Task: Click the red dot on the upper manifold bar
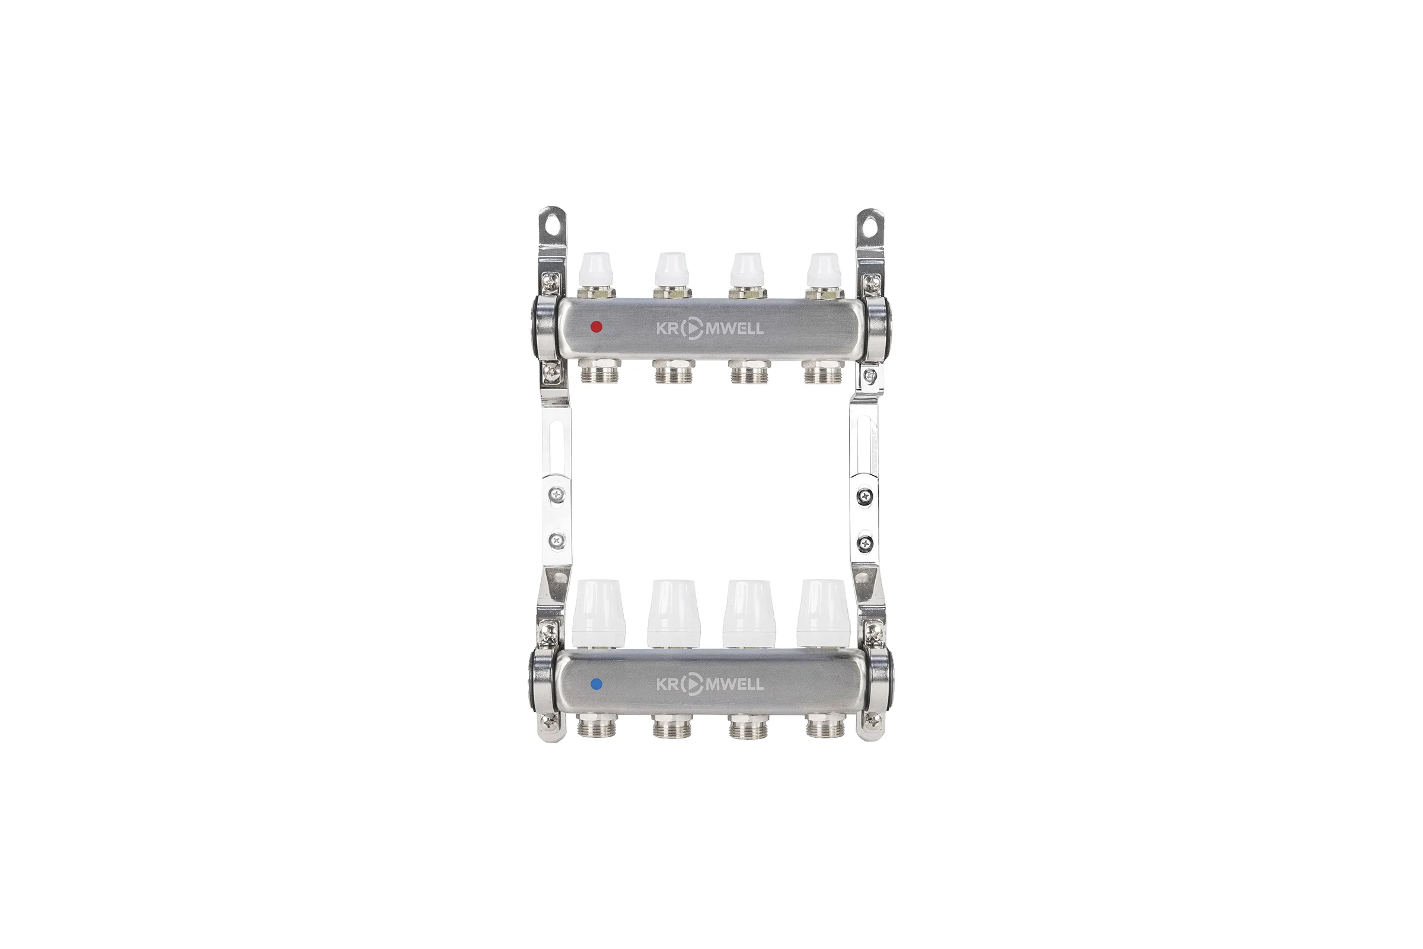tap(596, 327)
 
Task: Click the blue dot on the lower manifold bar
tap(596, 684)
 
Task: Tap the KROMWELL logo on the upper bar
tap(710, 329)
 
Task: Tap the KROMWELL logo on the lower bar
tap(710, 684)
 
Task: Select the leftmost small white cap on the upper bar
tap(597, 269)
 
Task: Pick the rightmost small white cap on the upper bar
tap(824, 269)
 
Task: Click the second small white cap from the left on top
tap(672, 269)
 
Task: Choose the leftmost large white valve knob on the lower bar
tap(596, 614)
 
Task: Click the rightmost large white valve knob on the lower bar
tap(823, 614)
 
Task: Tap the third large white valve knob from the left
tap(748, 614)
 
